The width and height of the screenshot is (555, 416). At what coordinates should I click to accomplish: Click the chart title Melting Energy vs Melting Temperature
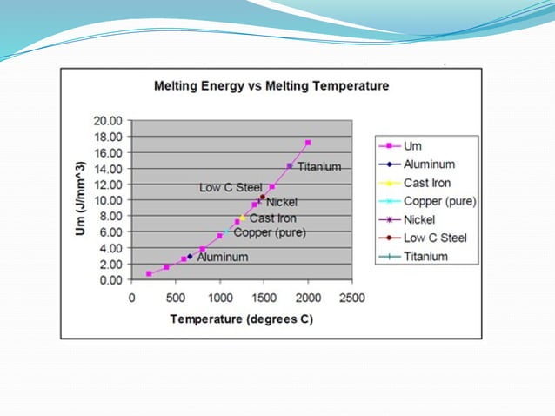271,86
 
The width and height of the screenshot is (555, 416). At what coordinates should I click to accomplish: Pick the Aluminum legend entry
429,164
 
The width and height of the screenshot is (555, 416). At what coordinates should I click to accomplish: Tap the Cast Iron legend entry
427,183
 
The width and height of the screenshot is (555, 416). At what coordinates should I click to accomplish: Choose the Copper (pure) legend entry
438,201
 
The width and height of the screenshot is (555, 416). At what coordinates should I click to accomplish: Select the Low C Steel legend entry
435,238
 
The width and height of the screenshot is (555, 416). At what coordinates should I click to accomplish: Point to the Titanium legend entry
425,256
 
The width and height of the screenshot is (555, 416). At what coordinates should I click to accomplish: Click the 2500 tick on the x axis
352,298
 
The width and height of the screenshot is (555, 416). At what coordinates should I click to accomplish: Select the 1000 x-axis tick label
220,298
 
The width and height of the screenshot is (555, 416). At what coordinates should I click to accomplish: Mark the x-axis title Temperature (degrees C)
241,319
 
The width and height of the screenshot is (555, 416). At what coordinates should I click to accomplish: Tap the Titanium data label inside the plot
318,167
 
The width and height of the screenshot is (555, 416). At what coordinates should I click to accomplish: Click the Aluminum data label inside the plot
222,258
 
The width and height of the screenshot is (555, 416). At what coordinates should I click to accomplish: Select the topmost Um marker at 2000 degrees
308,143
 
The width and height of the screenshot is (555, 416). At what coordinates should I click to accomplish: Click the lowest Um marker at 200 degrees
149,273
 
